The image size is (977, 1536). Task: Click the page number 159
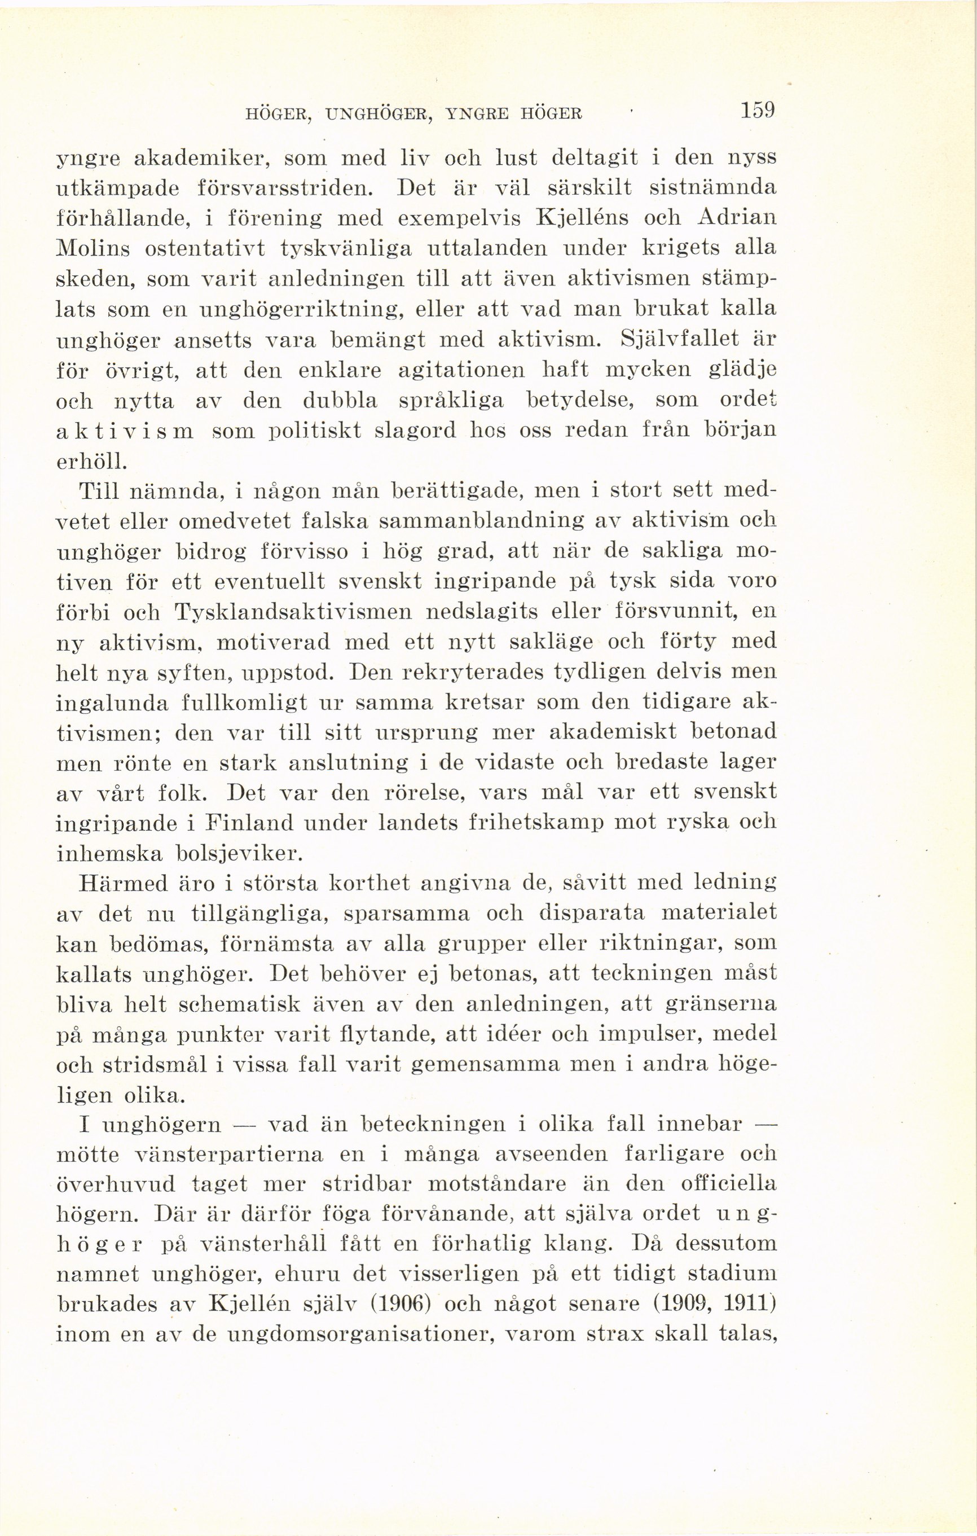[757, 111]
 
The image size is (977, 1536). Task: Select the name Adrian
[738, 218]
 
